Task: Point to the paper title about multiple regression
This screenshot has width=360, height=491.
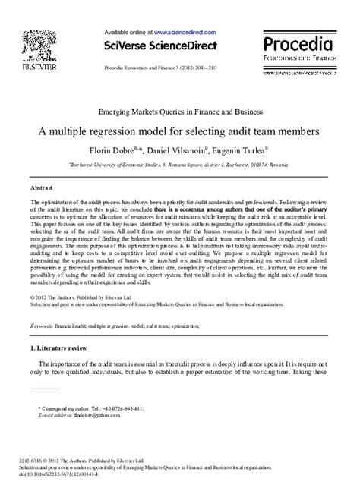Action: click(179, 131)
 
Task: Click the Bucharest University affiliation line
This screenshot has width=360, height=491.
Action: click(179, 163)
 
